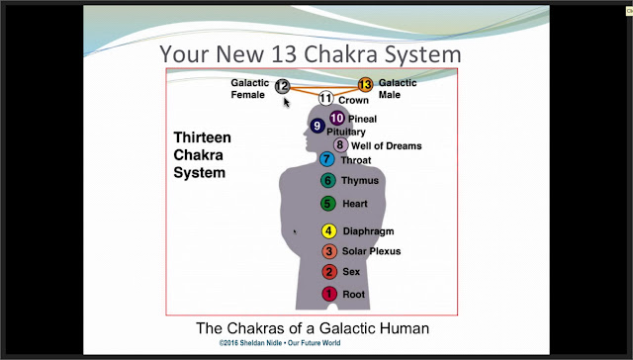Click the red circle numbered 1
[329, 294]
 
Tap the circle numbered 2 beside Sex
[329, 272]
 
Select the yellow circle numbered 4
[328, 230]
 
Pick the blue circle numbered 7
[326, 159]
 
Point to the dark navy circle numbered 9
[317, 126]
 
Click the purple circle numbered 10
[336, 119]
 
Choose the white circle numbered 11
[325, 98]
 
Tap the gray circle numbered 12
[282, 86]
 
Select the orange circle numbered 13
[365, 85]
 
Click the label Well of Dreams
[387, 145]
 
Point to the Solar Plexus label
[372, 251]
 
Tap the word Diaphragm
[368, 231]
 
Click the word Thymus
[360, 180]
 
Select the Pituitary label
[346, 132]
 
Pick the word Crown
[353, 100]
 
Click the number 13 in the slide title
[285, 54]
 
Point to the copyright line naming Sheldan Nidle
[280, 343]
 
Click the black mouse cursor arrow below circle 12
[286, 103]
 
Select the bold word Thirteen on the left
[202, 137]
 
